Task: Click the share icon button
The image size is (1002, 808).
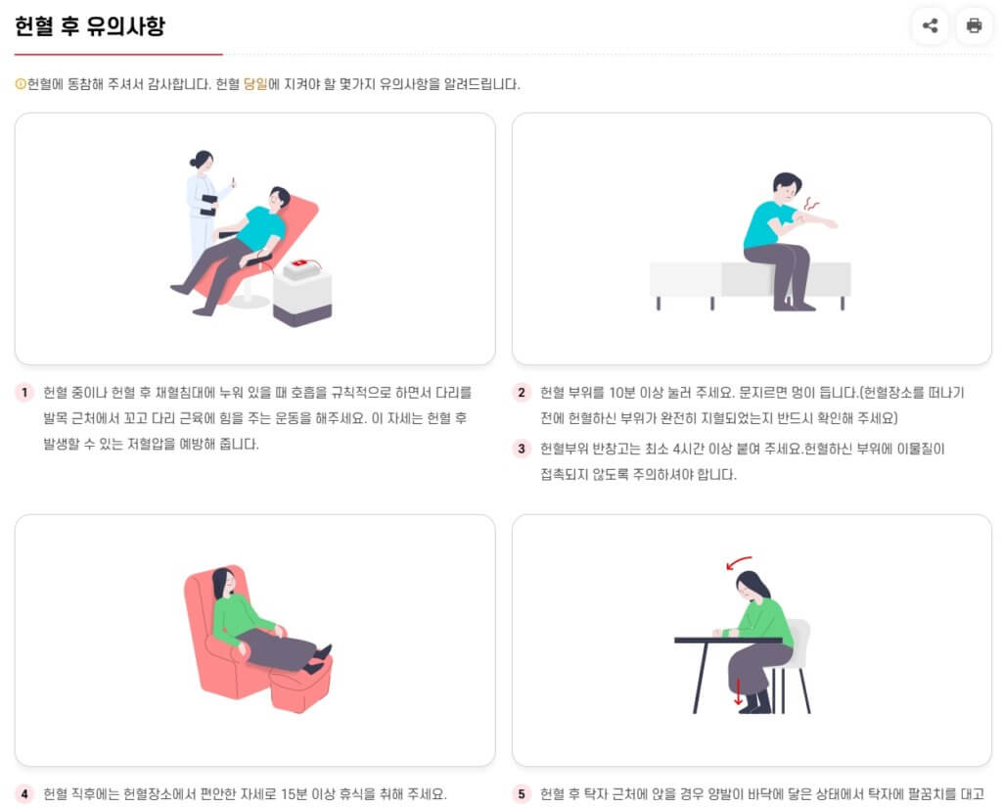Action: pos(930,25)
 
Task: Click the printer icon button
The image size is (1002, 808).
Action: pos(974,25)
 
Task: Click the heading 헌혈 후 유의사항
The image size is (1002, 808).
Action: pos(89,25)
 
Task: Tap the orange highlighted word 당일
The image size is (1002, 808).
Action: pos(255,84)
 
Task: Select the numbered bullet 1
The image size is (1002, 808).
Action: pos(24,392)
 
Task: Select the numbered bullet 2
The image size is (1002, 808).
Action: pos(522,392)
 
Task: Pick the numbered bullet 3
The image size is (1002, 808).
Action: pos(522,449)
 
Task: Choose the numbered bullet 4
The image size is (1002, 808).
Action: pos(24,794)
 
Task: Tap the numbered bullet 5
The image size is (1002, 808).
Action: pos(522,794)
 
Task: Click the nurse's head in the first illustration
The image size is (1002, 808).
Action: pos(203,160)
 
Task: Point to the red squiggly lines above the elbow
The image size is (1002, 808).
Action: pos(811,204)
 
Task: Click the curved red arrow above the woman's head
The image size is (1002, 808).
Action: pos(738,562)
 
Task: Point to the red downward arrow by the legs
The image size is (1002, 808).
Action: pos(738,691)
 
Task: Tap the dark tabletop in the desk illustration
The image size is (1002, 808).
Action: pos(728,640)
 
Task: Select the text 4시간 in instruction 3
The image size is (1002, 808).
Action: pos(689,449)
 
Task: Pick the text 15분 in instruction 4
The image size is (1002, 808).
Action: pos(294,794)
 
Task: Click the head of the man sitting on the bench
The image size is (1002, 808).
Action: pos(787,185)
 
